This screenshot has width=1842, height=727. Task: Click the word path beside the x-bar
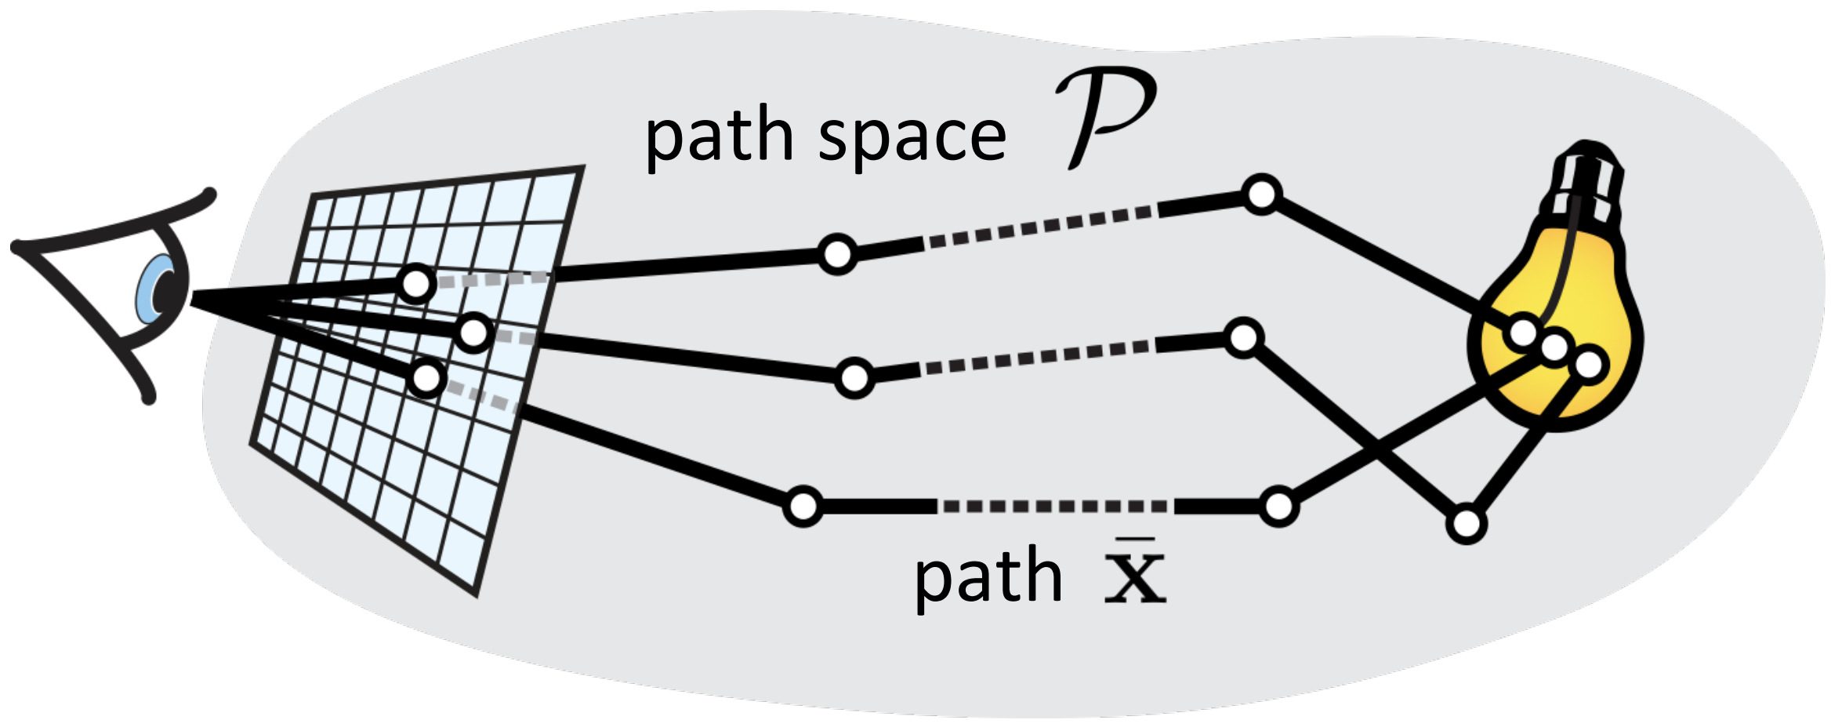pos(988,576)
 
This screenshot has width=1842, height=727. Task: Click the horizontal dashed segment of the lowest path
pos(1054,507)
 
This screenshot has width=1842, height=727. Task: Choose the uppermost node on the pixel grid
pos(415,283)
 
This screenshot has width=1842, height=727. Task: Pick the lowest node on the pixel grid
pos(426,379)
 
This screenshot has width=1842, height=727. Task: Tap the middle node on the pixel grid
pos(474,333)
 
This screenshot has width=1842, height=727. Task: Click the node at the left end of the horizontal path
pos(803,507)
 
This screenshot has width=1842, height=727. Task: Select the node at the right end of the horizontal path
pos(1278,507)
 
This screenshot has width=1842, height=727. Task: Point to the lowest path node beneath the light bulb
pos(1467,524)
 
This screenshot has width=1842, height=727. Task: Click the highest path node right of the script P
pos(1261,194)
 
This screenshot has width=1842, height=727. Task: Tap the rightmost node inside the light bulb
pos(1589,365)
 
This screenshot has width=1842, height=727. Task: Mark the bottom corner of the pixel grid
pos(476,593)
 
